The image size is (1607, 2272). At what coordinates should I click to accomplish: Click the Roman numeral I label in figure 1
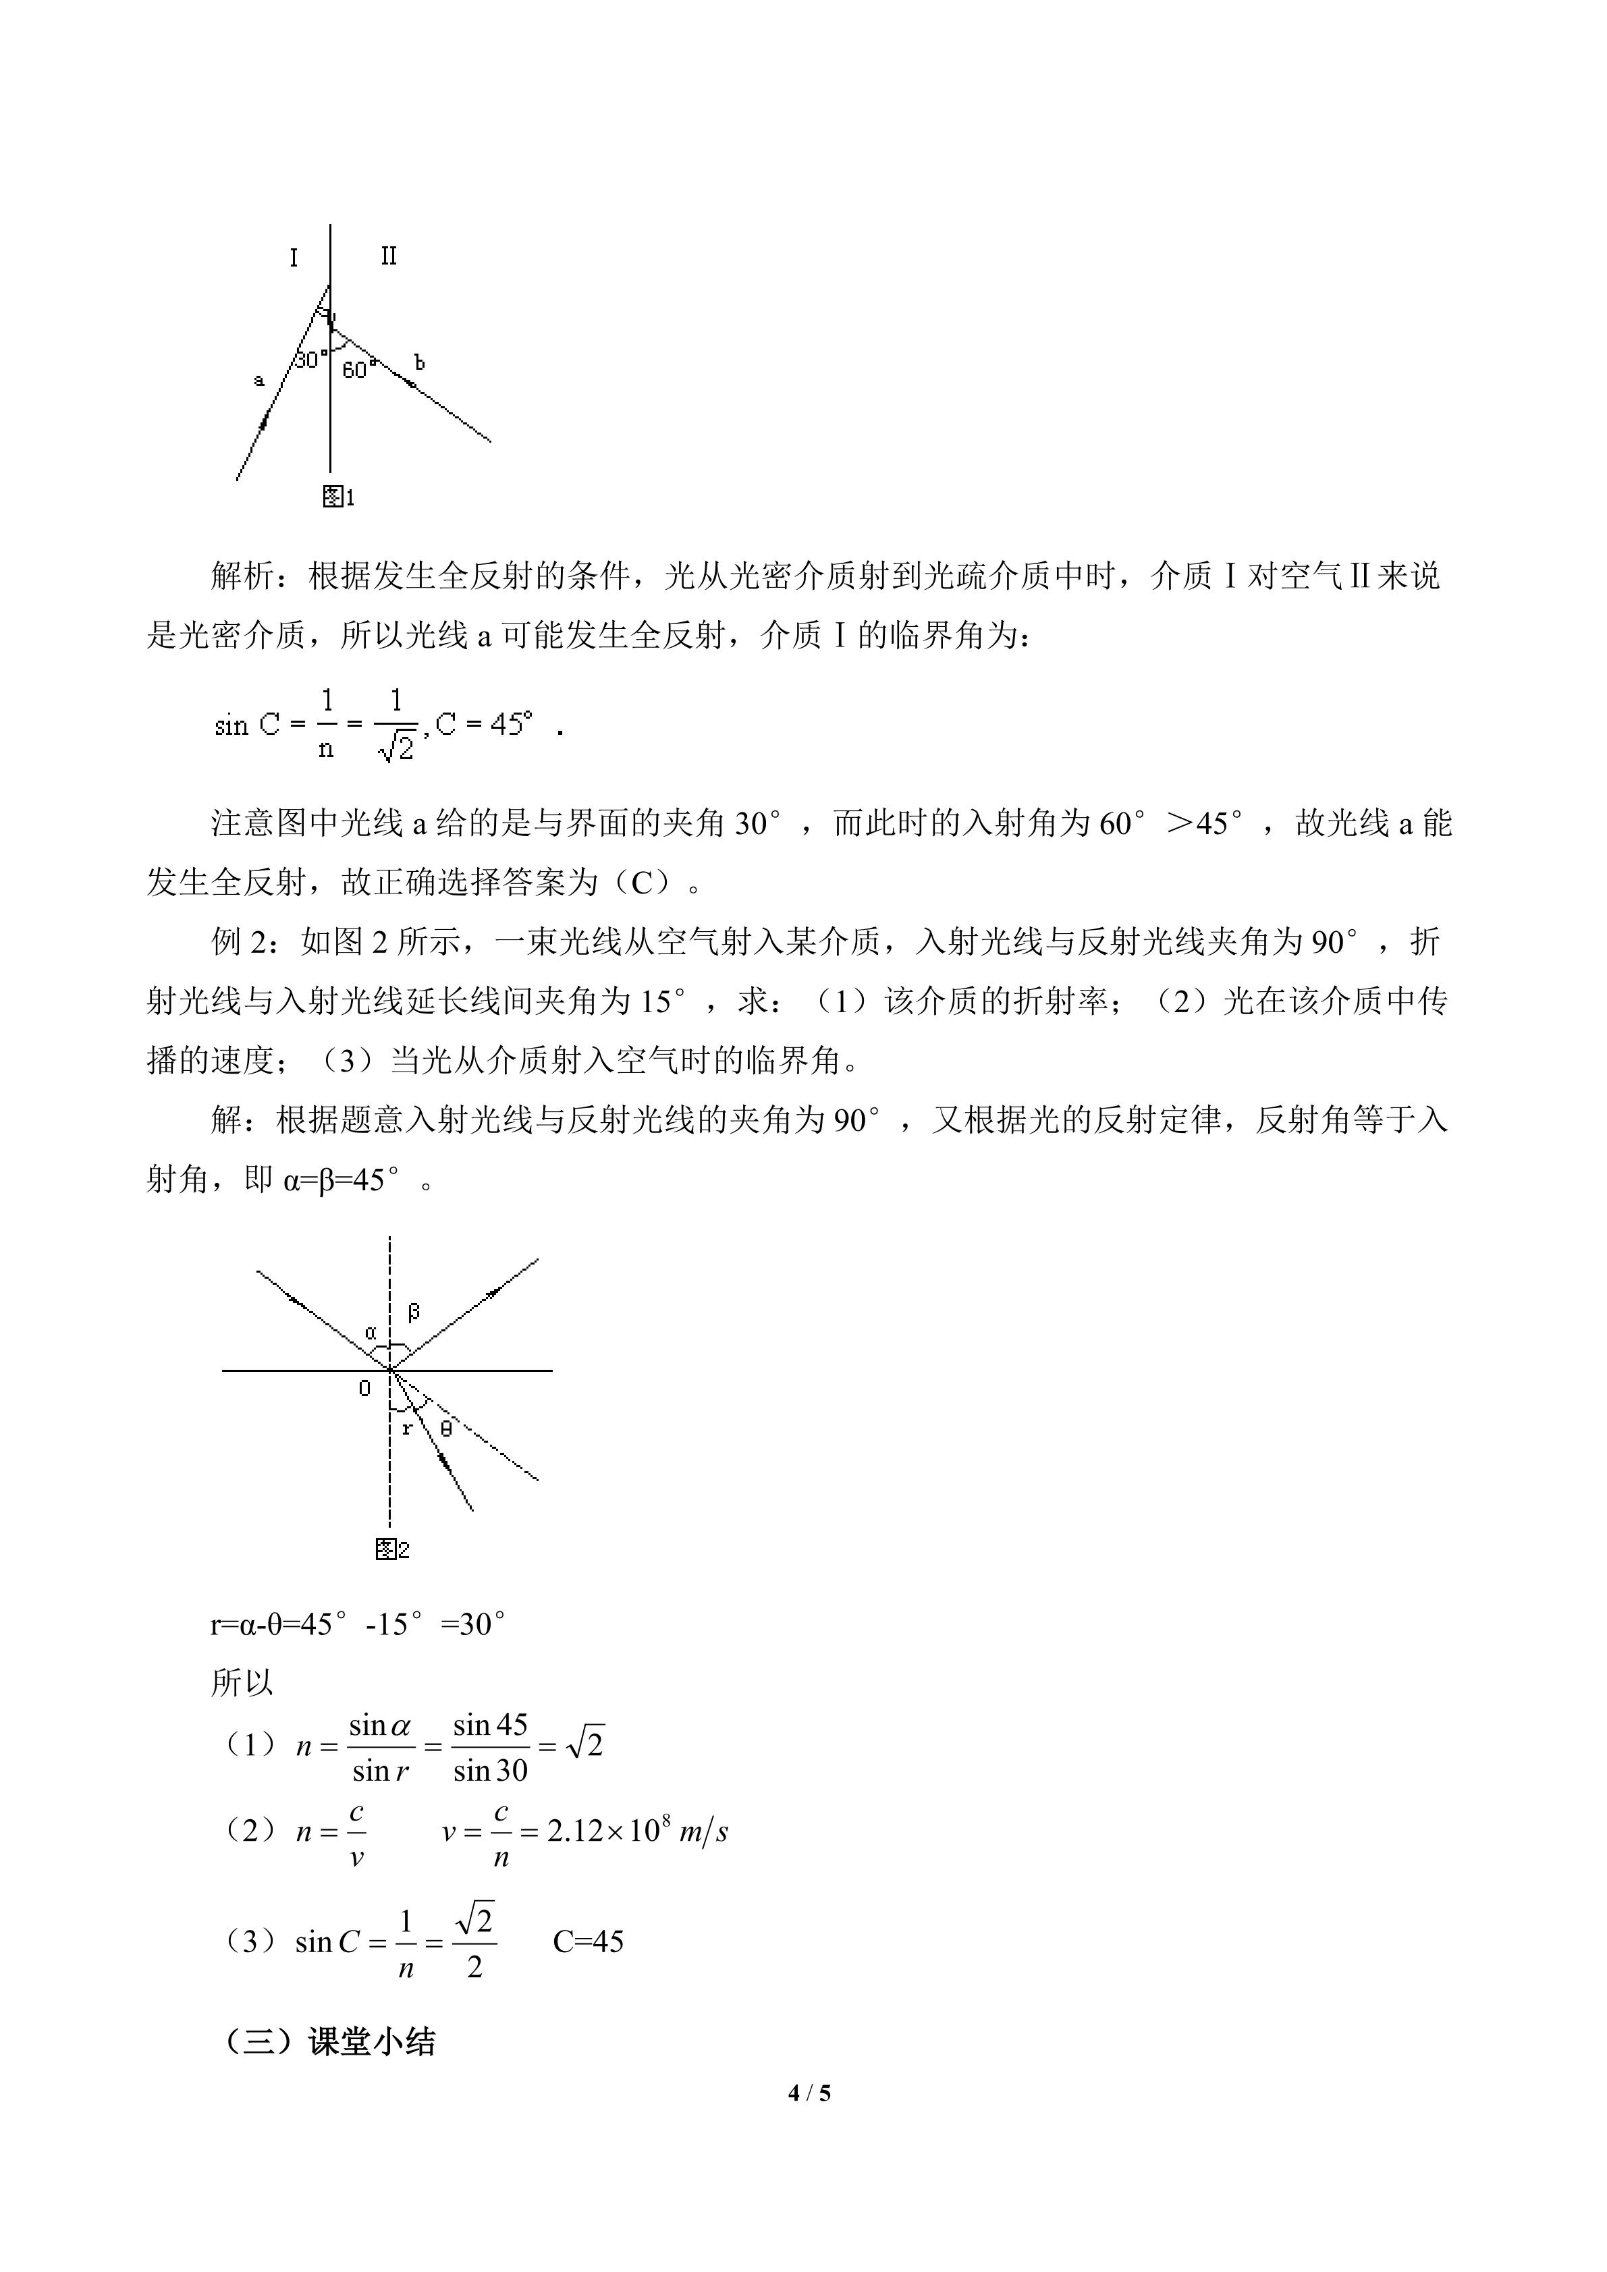click(x=294, y=258)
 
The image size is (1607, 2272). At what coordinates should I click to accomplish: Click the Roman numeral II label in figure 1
click(x=389, y=256)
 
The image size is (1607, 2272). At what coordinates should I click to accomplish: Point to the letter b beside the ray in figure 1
click(x=420, y=363)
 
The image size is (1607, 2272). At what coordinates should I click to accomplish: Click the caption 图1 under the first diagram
click(x=338, y=497)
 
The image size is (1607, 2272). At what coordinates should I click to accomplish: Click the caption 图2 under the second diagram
click(x=393, y=1549)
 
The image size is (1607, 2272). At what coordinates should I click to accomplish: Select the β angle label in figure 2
click(x=414, y=1312)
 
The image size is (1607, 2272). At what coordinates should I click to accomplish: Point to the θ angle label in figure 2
click(x=445, y=1428)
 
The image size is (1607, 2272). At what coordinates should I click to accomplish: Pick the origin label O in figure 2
click(x=364, y=1389)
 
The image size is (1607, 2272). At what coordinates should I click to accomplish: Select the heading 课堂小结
click(x=372, y=2041)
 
